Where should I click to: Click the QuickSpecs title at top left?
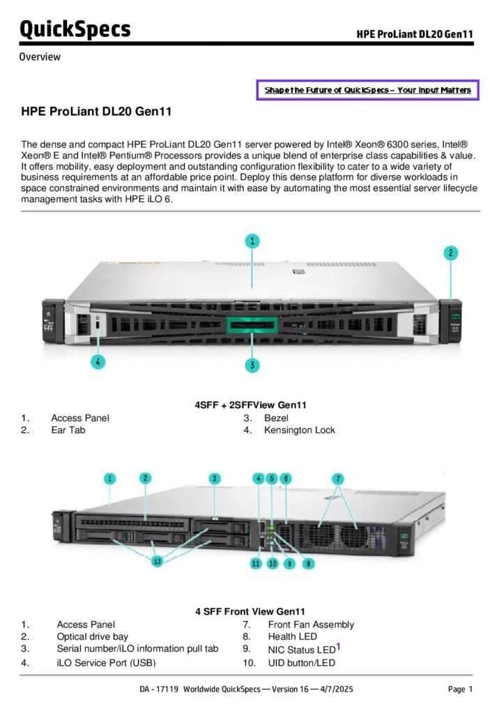point(75,29)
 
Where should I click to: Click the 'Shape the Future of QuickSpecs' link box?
point(367,90)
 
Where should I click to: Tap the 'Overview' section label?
point(40,56)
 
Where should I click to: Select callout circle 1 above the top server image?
point(252,241)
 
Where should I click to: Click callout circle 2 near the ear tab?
point(451,253)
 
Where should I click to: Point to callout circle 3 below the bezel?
point(252,364)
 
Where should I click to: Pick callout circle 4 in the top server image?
point(98,362)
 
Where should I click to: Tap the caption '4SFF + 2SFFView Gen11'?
point(251,405)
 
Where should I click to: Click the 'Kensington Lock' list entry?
point(299,430)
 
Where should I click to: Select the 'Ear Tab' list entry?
point(68,430)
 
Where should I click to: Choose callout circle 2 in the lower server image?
point(145,478)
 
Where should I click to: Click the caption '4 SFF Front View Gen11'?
point(250,612)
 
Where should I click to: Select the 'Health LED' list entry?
point(292,637)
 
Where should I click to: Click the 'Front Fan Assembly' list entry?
point(311,625)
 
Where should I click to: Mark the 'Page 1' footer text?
point(460,690)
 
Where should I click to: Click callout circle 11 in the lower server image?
point(257,563)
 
